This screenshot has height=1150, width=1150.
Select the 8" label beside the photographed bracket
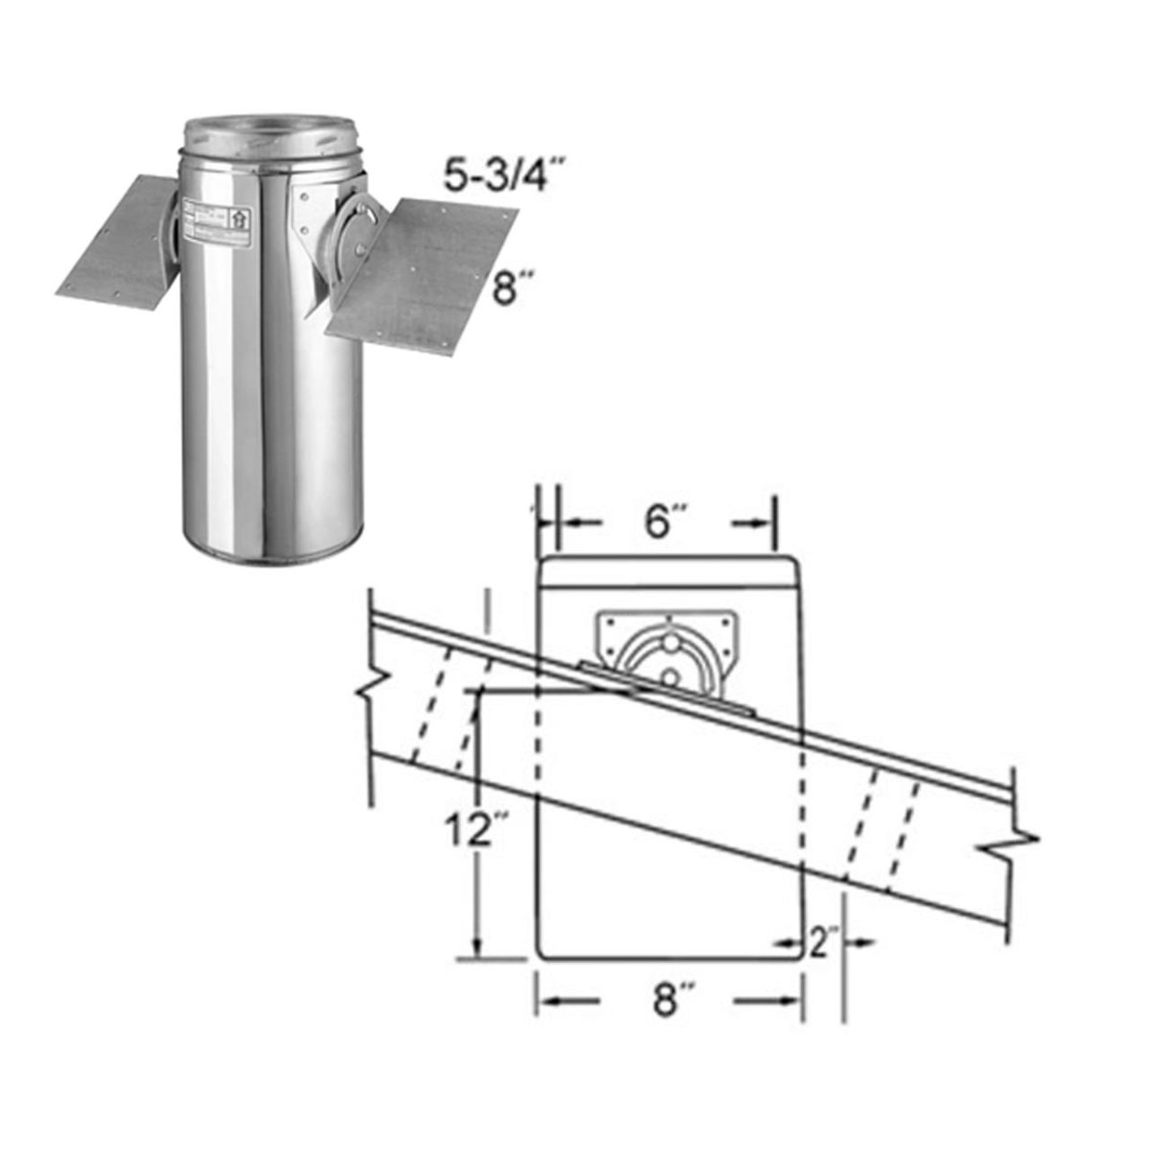tap(509, 291)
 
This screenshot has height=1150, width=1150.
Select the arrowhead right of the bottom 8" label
tap(791, 1000)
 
